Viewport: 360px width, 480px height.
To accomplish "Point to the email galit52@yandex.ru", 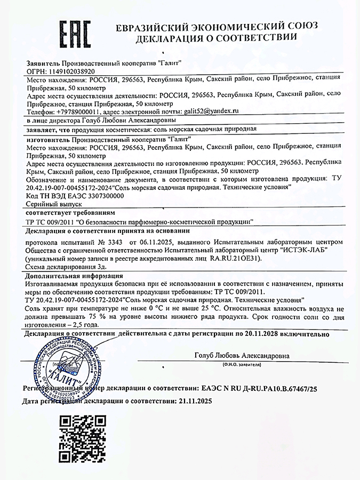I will coord(210,111).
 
